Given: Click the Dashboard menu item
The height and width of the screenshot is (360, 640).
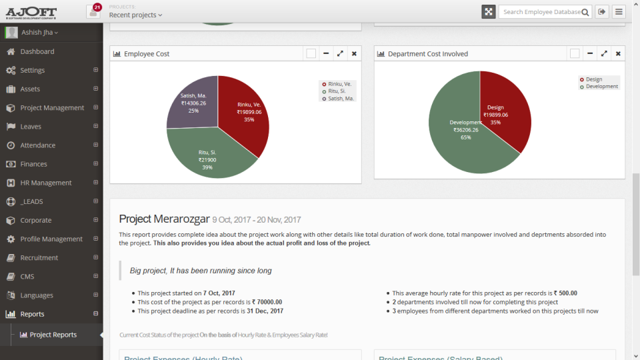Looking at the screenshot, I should (x=37, y=51).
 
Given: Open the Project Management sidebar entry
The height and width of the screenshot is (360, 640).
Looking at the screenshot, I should (x=52, y=108).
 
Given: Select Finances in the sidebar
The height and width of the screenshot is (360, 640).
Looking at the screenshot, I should (x=33, y=164).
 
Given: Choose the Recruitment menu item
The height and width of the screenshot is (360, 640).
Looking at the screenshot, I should (x=39, y=258).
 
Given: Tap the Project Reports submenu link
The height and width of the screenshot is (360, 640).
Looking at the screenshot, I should (x=53, y=335).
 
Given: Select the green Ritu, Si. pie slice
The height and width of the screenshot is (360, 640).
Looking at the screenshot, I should (x=208, y=157).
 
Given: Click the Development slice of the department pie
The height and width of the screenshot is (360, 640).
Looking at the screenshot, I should (x=460, y=133).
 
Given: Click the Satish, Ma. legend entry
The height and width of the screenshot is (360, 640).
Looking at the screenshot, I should (x=341, y=99).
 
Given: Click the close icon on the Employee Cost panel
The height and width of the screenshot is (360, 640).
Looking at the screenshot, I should (x=354, y=54).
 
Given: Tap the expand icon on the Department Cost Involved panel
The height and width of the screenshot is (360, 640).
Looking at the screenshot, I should (x=604, y=54).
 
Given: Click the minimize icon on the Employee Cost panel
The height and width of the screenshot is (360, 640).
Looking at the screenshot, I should (x=326, y=54).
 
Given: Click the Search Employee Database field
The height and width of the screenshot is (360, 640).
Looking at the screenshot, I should (x=541, y=12).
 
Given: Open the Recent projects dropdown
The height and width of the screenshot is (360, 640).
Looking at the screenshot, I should (x=135, y=15).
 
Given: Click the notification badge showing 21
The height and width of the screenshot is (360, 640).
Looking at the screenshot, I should (x=97, y=7).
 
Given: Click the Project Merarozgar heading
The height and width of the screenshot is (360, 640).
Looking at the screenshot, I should (x=164, y=219).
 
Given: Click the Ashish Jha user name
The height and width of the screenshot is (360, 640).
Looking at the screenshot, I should (x=39, y=33).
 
